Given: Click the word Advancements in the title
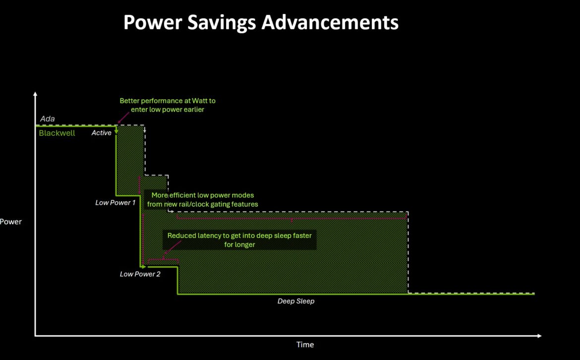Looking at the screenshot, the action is pyautogui.click(x=330, y=22).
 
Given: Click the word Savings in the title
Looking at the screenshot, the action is pyautogui.click(x=221, y=23).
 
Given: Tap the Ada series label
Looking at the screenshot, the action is pyautogui.click(x=48, y=119).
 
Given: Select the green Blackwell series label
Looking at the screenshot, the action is pyautogui.click(x=57, y=133).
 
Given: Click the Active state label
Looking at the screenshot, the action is pyautogui.click(x=101, y=133).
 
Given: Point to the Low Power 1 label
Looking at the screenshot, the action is pyautogui.click(x=116, y=203).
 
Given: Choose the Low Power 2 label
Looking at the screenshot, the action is pyautogui.click(x=140, y=274).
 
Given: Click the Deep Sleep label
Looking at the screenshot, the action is pyautogui.click(x=296, y=301).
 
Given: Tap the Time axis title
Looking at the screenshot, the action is pyautogui.click(x=305, y=345).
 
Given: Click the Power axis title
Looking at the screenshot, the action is pyautogui.click(x=11, y=222).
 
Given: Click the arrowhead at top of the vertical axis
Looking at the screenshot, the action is pyautogui.click(x=35, y=94).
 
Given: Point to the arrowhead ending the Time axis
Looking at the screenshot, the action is pyautogui.click(x=539, y=336).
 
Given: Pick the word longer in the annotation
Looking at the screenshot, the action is pyautogui.click(x=244, y=244).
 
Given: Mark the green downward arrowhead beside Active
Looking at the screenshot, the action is pyautogui.click(x=116, y=131).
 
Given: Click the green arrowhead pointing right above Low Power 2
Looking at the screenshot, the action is pyautogui.click(x=144, y=266).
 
